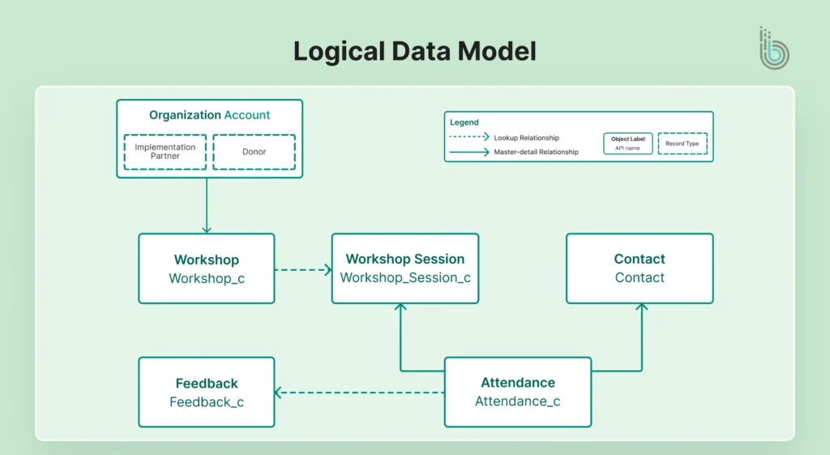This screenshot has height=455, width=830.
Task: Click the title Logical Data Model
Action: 414,51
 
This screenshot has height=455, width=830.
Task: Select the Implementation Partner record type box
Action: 165,152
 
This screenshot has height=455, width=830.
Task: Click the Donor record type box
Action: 254,152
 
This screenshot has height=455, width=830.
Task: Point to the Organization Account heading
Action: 209,115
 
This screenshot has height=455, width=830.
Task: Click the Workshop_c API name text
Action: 206,278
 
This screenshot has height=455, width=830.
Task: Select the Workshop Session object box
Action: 404,268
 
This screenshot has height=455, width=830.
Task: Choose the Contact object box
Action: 639,268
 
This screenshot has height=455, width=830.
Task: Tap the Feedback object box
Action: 206,392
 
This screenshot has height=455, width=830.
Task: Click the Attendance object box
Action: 517,392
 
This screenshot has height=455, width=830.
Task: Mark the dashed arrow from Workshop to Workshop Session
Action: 302,269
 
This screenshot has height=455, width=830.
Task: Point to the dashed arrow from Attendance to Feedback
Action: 359,393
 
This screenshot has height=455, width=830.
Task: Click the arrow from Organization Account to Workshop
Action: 207,206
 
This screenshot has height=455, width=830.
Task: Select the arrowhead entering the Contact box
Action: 641,308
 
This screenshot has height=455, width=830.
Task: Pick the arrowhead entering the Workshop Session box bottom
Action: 400,308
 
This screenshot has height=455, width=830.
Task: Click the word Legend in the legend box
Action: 464,122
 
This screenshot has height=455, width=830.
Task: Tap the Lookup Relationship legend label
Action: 526,138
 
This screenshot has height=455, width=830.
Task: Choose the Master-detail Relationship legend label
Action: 536,152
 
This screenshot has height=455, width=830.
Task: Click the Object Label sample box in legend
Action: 627,144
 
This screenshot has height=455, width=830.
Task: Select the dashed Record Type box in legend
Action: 682,144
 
